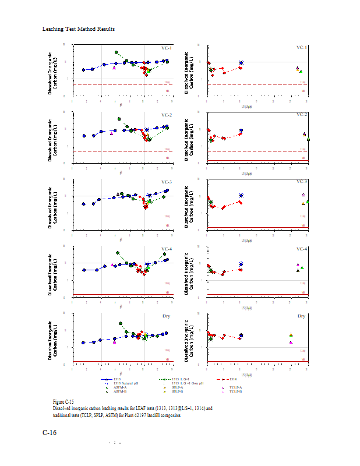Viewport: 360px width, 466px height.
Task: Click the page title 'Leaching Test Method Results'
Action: [x=79, y=29]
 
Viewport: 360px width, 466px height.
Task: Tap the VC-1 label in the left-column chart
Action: [x=166, y=48]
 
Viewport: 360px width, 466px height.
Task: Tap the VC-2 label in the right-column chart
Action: [x=301, y=115]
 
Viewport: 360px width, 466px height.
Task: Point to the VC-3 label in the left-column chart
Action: [x=166, y=182]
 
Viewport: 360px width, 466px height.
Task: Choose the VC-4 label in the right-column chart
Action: [x=301, y=249]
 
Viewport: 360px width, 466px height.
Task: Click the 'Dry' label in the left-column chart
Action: [x=167, y=316]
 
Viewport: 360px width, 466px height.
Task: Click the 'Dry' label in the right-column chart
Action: [x=302, y=316]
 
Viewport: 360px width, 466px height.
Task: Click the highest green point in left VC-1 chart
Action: [x=117, y=52]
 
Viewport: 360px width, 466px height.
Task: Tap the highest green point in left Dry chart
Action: [x=121, y=323]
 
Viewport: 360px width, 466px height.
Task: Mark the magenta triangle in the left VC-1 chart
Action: [x=114, y=68]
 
